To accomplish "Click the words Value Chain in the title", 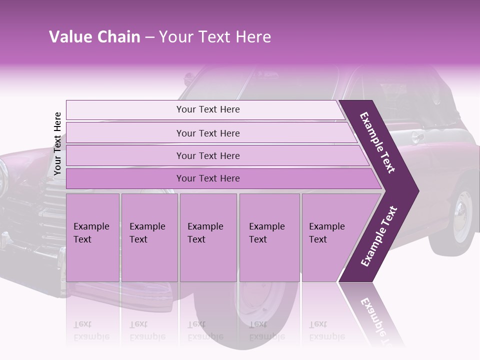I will click(94, 37).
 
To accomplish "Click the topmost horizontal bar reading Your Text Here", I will click(207, 109).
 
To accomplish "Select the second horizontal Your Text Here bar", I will click(207, 133).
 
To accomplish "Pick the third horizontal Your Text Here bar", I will click(207, 155).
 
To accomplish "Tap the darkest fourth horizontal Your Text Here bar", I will click(207, 178).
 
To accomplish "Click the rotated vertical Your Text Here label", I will click(58, 143).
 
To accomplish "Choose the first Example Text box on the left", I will click(92, 237).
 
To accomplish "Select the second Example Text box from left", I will click(149, 237).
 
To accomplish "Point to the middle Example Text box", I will click(208, 237).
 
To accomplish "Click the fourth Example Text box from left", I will click(269, 237).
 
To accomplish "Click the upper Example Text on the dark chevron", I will click(377, 142).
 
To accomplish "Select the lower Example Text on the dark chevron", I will click(378, 236).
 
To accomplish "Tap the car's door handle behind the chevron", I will click(416, 137).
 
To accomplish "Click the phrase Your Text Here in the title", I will click(215, 37).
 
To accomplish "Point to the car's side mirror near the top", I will click(188, 78).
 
